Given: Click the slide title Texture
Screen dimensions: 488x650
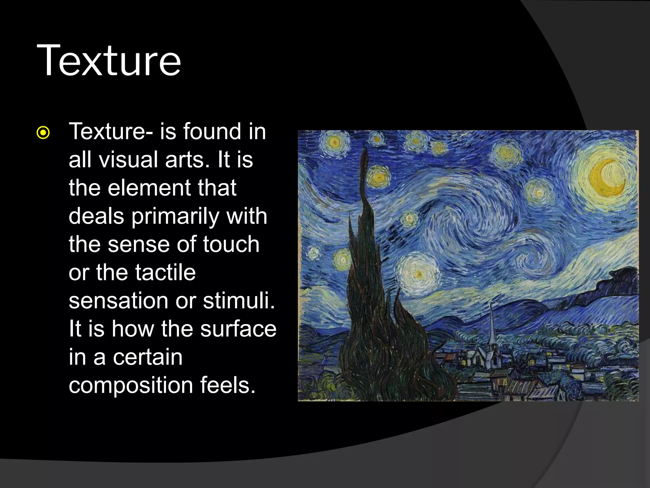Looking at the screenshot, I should coord(109,60).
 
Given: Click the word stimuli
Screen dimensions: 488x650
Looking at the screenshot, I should coord(239,301).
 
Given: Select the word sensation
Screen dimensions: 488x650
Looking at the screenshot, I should coord(118,301).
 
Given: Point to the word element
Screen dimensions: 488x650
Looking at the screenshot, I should coord(149,188).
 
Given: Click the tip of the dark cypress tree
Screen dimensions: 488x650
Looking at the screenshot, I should coord(365,149).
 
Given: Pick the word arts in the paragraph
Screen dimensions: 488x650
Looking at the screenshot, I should coord(187,159).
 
